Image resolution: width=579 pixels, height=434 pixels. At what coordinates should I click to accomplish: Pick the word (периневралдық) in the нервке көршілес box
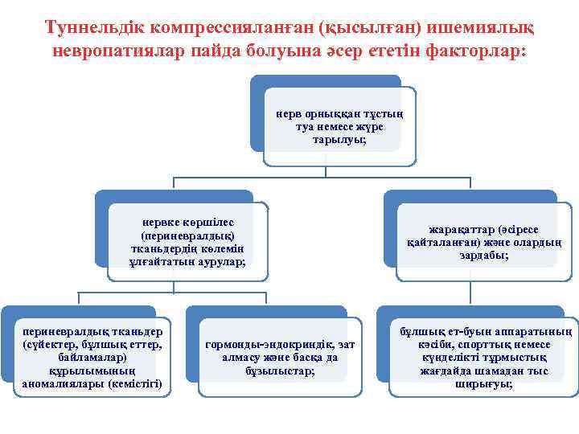187,236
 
